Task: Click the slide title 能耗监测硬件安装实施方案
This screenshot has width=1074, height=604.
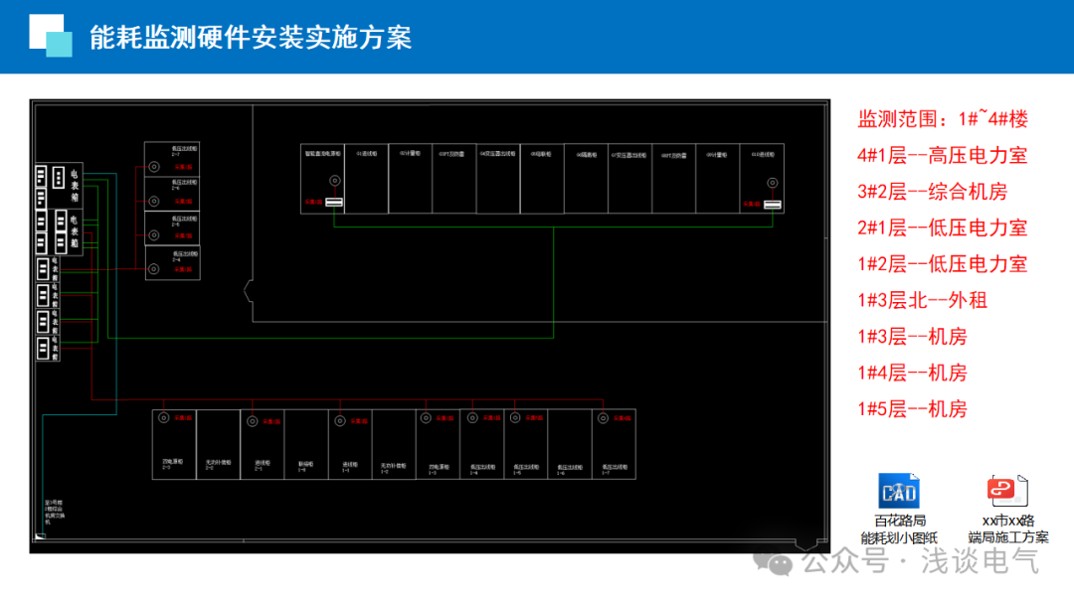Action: click(x=250, y=38)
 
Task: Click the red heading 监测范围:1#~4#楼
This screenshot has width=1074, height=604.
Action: click(x=943, y=119)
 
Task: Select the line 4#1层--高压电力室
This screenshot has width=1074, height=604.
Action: click(x=942, y=155)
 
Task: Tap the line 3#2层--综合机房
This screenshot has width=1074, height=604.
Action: click(x=932, y=192)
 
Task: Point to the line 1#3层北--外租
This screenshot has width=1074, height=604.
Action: click(x=922, y=300)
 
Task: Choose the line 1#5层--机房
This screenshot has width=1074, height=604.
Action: click(x=912, y=408)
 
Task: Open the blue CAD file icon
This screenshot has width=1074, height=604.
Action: click(x=899, y=492)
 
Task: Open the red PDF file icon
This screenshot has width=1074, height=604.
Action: click(x=1006, y=492)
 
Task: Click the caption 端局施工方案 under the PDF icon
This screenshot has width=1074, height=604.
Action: click(x=1007, y=537)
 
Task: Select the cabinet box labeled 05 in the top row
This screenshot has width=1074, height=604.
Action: click(x=541, y=179)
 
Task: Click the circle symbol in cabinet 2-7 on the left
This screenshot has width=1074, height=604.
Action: click(x=154, y=167)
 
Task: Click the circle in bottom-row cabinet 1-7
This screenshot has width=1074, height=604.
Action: click(x=600, y=419)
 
